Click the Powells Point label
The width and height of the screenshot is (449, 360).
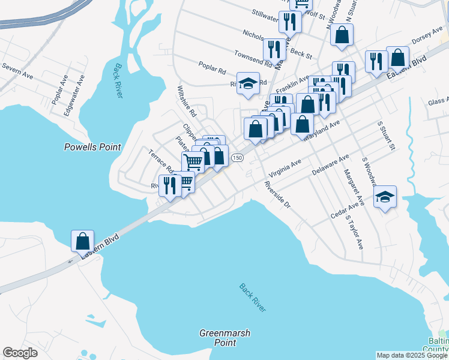[92, 147]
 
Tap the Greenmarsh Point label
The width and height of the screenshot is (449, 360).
[224, 337]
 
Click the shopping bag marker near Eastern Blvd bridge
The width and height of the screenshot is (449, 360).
[82, 241]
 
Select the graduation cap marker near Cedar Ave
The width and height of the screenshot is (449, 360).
[385, 197]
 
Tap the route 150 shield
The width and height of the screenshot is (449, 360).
[238, 157]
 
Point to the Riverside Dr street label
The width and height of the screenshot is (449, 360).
[277, 196]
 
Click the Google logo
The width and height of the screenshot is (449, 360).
[20, 353]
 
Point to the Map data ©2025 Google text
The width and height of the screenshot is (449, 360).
[411, 355]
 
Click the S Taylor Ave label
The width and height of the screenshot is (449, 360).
[354, 233]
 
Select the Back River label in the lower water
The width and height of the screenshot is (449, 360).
[252, 298]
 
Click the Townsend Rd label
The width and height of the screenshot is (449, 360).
[249, 58]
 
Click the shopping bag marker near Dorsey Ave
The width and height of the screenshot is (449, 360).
[397, 58]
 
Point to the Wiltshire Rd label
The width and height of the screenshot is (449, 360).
[187, 101]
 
